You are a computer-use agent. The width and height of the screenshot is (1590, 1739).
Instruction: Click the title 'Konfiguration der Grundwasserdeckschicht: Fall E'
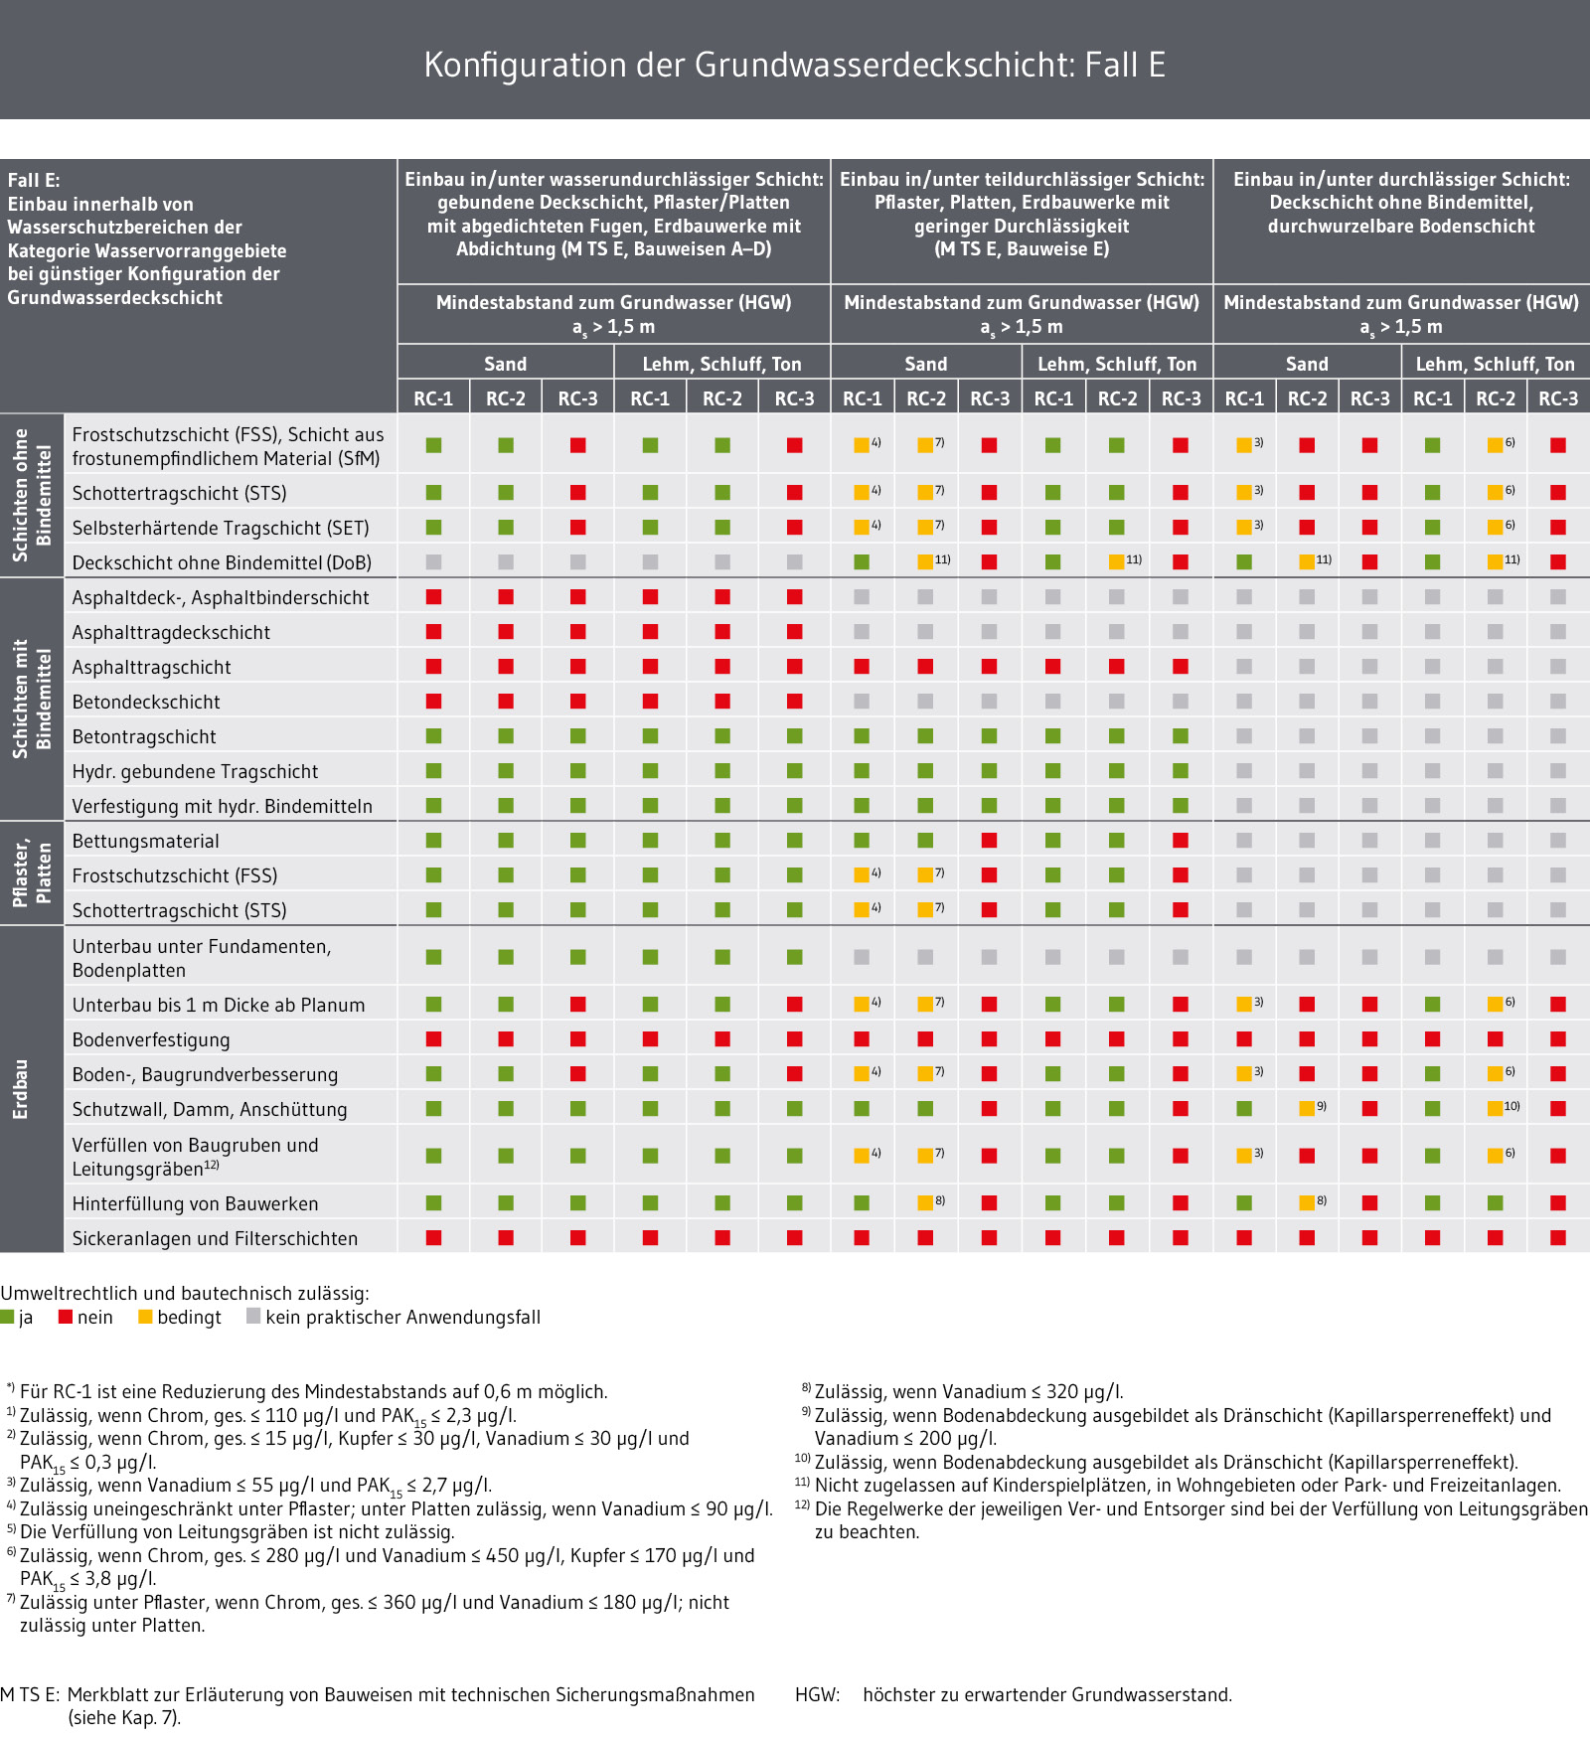coord(794,65)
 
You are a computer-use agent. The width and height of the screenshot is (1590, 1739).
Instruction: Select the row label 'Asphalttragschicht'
coord(151,667)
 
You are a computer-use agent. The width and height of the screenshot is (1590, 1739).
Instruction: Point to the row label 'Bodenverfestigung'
coord(151,1039)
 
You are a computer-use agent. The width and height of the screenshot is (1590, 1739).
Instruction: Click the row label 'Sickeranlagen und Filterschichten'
coord(215,1238)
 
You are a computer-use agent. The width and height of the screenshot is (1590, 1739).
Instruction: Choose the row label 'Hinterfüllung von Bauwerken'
coord(195,1203)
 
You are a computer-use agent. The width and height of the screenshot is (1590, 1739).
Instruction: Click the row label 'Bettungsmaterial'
coord(145,841)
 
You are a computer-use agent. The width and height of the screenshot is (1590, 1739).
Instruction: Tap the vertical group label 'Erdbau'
coord(20,1089)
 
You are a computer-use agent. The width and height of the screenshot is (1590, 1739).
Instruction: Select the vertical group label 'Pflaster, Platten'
coord(32,873)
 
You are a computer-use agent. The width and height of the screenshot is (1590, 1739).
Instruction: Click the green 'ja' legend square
coord(7,1317)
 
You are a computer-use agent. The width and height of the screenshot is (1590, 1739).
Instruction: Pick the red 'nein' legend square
coord(66,1317)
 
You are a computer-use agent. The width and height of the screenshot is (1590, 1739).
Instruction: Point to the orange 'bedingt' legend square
coord(145,1317)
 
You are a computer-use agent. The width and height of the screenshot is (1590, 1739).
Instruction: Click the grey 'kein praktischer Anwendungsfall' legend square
coord(253,1317)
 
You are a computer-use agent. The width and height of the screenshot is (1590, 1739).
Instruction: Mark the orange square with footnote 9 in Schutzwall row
coord(1307,1109)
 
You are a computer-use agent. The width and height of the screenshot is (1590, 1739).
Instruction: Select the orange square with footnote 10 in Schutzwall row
coord(1495,1109)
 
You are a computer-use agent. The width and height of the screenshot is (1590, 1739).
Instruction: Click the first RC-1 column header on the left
coord(433,398)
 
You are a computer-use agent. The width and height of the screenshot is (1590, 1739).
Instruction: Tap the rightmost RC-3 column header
coord(1558,398)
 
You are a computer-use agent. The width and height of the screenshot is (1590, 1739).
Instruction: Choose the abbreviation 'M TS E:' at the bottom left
coord(31,1694)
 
